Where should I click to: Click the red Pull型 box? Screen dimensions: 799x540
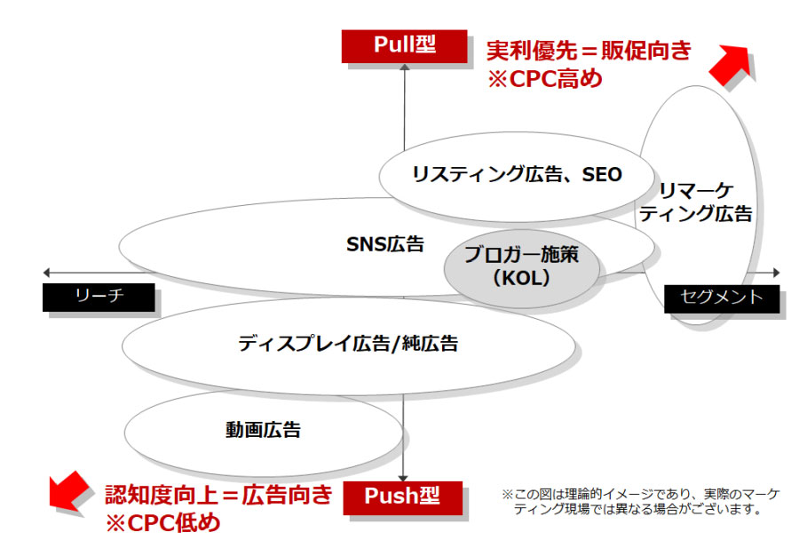pos(404,46)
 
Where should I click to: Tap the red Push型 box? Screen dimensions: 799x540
pos(402,497)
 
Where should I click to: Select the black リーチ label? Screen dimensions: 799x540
pos(99,297)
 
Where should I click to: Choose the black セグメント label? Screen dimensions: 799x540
pos(722,298)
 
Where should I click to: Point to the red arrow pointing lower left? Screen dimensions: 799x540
pos(68,490)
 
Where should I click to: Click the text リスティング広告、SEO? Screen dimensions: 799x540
pos(517,175)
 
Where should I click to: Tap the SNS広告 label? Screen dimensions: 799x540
pos(385,244)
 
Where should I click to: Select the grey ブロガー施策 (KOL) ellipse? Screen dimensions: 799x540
pos(521,268)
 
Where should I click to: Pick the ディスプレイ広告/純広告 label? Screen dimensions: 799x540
pos(348,344)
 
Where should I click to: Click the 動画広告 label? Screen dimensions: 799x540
pos(263,430)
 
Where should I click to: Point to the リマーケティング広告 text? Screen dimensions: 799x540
pos(696,202)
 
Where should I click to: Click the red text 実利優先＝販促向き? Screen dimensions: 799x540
pos(589,51)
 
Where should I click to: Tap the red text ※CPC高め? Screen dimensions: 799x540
pos(545,79)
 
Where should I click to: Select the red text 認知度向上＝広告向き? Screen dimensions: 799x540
pos(218,495)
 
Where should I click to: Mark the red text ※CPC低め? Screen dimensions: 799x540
pos(163,523)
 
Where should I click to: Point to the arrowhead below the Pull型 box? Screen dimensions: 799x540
pos(405,67)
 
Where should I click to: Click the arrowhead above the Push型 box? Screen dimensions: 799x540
pos(403,479)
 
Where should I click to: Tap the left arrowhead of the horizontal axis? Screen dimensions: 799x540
pos(46,273)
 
